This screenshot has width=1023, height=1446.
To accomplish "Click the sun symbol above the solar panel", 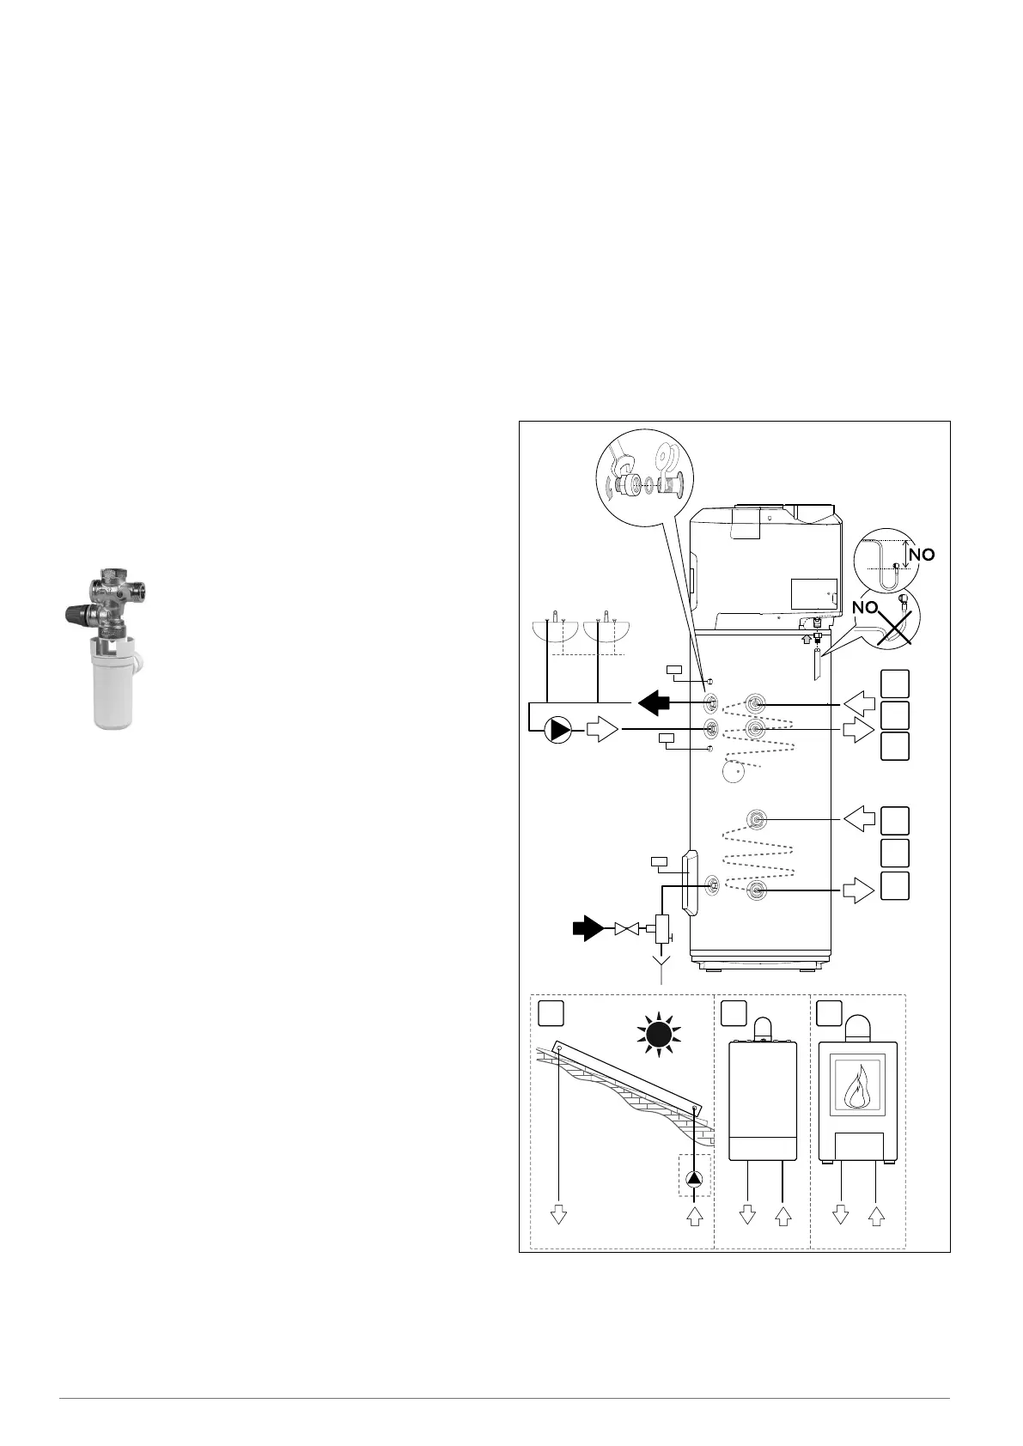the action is tap(658, 1036).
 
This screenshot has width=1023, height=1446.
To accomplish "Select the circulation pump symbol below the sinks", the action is tap(558, 730).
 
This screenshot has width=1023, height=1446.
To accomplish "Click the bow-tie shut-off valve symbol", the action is tap(627, 928).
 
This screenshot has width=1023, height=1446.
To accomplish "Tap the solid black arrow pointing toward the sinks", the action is tap(653, 702).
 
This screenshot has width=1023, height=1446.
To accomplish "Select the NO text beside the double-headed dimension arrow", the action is tap(922, 555).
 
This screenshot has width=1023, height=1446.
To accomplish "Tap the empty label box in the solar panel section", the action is tap(551, 1013).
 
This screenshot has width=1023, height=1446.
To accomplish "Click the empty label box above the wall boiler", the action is tap(734, 1013).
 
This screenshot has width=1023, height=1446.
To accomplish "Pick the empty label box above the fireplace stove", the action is tap(829, 1013).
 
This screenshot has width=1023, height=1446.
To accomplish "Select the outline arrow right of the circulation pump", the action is tap(602, 730).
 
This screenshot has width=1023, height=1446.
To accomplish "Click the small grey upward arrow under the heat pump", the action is tap(805, 638).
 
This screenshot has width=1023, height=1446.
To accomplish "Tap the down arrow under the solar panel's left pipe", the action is tap(559, 1214).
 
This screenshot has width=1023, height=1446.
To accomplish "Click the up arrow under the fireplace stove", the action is tap(875, 1214).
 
